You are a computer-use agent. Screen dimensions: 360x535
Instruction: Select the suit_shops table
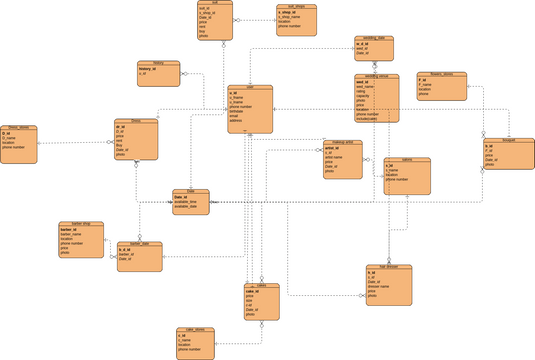[297, 21]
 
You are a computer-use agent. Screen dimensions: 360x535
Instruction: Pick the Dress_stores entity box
[20, 143]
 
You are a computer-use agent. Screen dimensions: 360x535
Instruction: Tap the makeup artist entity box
[343, 159]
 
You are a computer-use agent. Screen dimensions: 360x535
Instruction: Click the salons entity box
[407, 176]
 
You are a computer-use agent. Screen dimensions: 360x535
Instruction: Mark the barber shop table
[81, 240]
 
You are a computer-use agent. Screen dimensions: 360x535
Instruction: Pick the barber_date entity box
[139, 257]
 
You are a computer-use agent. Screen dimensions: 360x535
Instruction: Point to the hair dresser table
[389, 285]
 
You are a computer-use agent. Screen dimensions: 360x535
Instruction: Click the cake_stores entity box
[195, 342]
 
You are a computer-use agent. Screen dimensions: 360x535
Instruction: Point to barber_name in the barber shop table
[72, 234]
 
